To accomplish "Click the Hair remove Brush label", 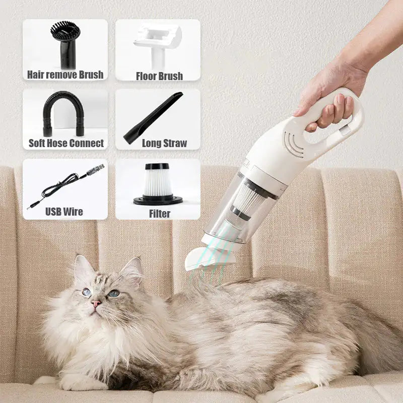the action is (65, 75).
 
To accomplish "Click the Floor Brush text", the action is (159, 76).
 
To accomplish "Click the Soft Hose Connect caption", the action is (66, 143).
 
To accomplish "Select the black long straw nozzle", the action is (154, 117).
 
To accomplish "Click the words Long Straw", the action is (164, 144).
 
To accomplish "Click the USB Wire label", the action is (64, 212).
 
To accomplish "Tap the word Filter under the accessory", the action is (160, 213).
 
